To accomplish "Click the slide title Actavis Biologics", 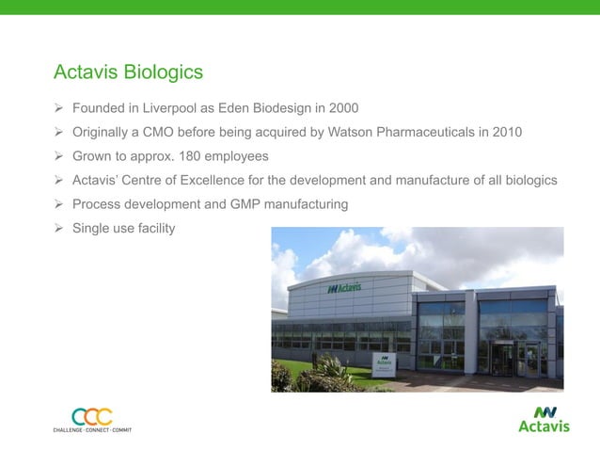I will tap(128, 72).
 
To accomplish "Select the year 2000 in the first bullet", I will tap(342, 107).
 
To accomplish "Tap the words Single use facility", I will tap(123, 228).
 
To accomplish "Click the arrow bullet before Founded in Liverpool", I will tap(58, 107).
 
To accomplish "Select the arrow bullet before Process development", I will tap(58, 204).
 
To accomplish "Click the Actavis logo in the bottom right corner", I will tap(544, 419).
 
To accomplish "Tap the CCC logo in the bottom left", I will tap(91, 415).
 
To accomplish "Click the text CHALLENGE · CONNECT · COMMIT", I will tap(92, 430).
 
